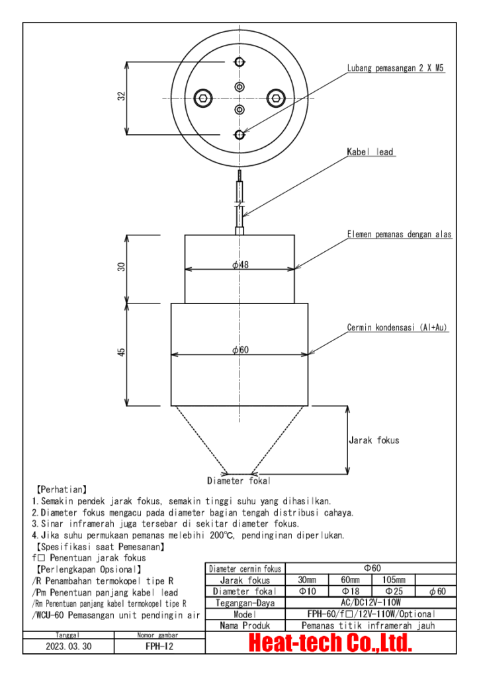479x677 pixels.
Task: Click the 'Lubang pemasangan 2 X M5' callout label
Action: click(x=395, y=68)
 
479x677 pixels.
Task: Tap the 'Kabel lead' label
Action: click(x=370, y=152)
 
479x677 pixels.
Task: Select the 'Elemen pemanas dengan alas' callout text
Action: click(x=400, y=234)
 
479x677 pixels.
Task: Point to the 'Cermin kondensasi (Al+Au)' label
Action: click(x=398, y=327)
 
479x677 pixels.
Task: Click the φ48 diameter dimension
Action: click(x=239, y=265)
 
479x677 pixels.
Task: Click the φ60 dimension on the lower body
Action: click(x=239, y=350)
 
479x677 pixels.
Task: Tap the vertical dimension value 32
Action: click(x=122, y=97)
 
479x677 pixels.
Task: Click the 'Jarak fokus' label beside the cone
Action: click(x=374, y=440)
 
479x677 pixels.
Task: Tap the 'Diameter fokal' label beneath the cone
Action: click(x=239, y=481)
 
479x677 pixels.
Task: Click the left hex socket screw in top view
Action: click(x=204, y=99)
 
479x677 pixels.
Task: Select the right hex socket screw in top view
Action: click(x=275, y=99)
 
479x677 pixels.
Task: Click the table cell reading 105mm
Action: click(x=394, y=580)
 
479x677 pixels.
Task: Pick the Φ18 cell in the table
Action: click(x=351, y=591)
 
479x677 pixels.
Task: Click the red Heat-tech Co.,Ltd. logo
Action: click(x=330, y=642)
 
